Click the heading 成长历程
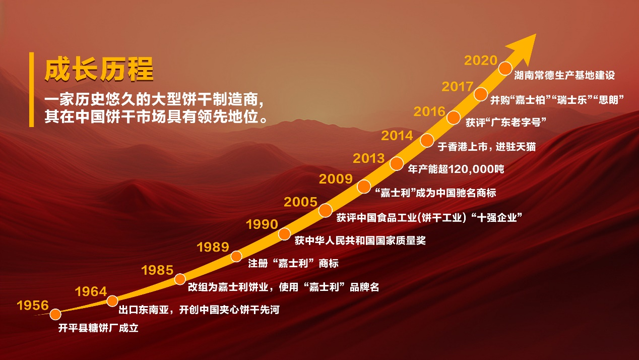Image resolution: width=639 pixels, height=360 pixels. pos(99,70)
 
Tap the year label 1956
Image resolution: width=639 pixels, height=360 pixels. pos(33,305)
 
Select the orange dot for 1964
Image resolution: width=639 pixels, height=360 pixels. pos(112,301)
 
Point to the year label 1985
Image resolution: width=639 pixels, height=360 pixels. pos(157,270)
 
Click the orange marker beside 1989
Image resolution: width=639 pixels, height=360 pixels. pos(236,256)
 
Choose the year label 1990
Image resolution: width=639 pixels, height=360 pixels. pos(262,224)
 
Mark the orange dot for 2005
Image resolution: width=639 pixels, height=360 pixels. pos(326,210)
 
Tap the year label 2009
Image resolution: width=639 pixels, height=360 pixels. pos(336,179)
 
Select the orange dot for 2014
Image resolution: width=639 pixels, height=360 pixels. pos(427,140)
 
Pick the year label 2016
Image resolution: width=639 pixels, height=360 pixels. pos(429,111)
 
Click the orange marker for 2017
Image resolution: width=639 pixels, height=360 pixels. pos(481,94)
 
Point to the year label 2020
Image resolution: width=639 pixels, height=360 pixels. pos(481,61)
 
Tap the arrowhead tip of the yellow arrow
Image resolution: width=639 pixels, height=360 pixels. pos(536,34)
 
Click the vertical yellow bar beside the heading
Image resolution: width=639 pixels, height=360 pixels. pos(31,90)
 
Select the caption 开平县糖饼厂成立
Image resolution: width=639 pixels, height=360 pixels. pos(98,328)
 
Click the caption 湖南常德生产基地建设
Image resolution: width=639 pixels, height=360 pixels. pos(564,75)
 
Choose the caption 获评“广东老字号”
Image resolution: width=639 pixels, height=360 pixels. pos(506,123)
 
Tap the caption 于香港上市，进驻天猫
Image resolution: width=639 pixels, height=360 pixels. pos(487,147)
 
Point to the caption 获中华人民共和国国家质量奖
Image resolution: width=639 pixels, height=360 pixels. pos(360,241)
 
